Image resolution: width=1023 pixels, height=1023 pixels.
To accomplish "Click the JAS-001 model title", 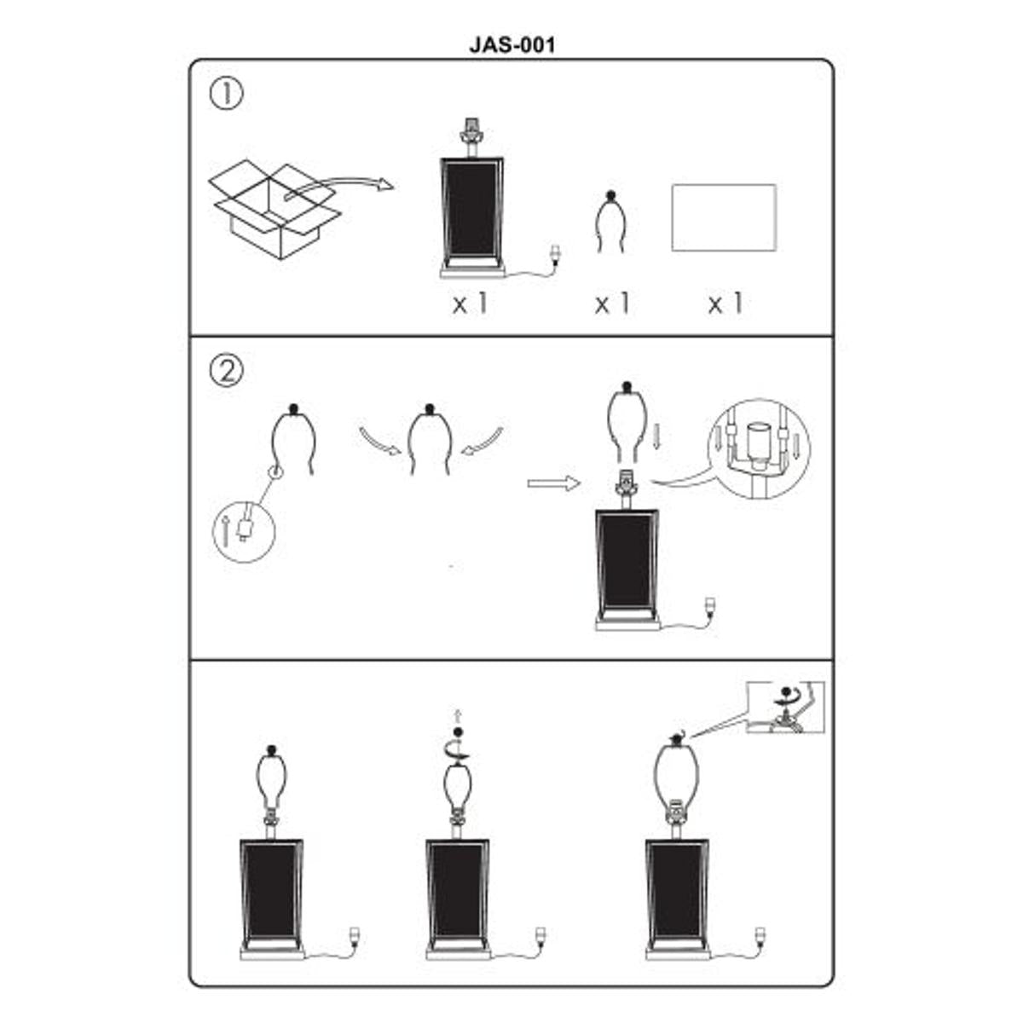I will click(x=511, y=44).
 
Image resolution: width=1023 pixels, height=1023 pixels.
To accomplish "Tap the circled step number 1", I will click(x=226, y=93).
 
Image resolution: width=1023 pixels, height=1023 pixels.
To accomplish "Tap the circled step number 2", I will click(x=226, y=370).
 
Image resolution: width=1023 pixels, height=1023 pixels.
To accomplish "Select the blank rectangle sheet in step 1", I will click(x=724, y=217).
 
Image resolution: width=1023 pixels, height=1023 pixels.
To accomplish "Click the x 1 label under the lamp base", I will click(x=470, y=303).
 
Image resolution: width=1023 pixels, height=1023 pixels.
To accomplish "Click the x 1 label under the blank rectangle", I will click(x=725, y=303).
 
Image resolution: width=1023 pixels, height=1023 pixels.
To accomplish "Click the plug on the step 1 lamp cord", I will click(x=557, y=254).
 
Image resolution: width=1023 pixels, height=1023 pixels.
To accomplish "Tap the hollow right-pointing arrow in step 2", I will click(x=552, y=483).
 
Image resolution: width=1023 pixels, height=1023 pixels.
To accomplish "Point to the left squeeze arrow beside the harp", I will click(x=379, y=441).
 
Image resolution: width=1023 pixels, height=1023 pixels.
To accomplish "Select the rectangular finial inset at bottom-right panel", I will click(x=785, y=708).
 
